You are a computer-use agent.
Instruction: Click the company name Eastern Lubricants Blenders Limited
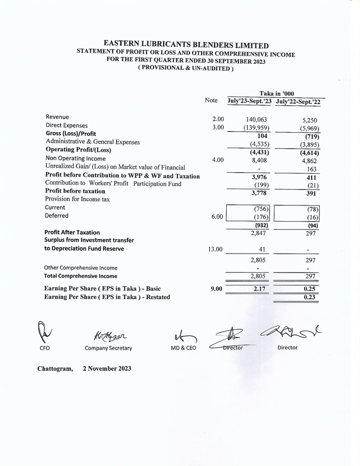click(186, 45)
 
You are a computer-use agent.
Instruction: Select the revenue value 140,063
click(256, 120)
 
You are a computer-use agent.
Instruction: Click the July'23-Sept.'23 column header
click(249, 102)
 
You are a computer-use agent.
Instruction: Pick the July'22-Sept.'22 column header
click(298, 102)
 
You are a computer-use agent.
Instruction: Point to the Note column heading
click(211, 101)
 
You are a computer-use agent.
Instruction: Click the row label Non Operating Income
click(76, 158)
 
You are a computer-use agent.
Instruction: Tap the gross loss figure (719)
click(311, 136)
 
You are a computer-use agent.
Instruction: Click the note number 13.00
click(215, 249)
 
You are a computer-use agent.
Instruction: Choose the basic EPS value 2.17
click(259, 289)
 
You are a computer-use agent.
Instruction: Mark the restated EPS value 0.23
click(310, 297)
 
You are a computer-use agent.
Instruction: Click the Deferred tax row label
click(57, 216)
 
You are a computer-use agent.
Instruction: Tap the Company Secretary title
click(108, 348)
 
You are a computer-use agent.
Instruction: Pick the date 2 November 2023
click(106, 368)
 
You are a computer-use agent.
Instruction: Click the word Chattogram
click(55, 368)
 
